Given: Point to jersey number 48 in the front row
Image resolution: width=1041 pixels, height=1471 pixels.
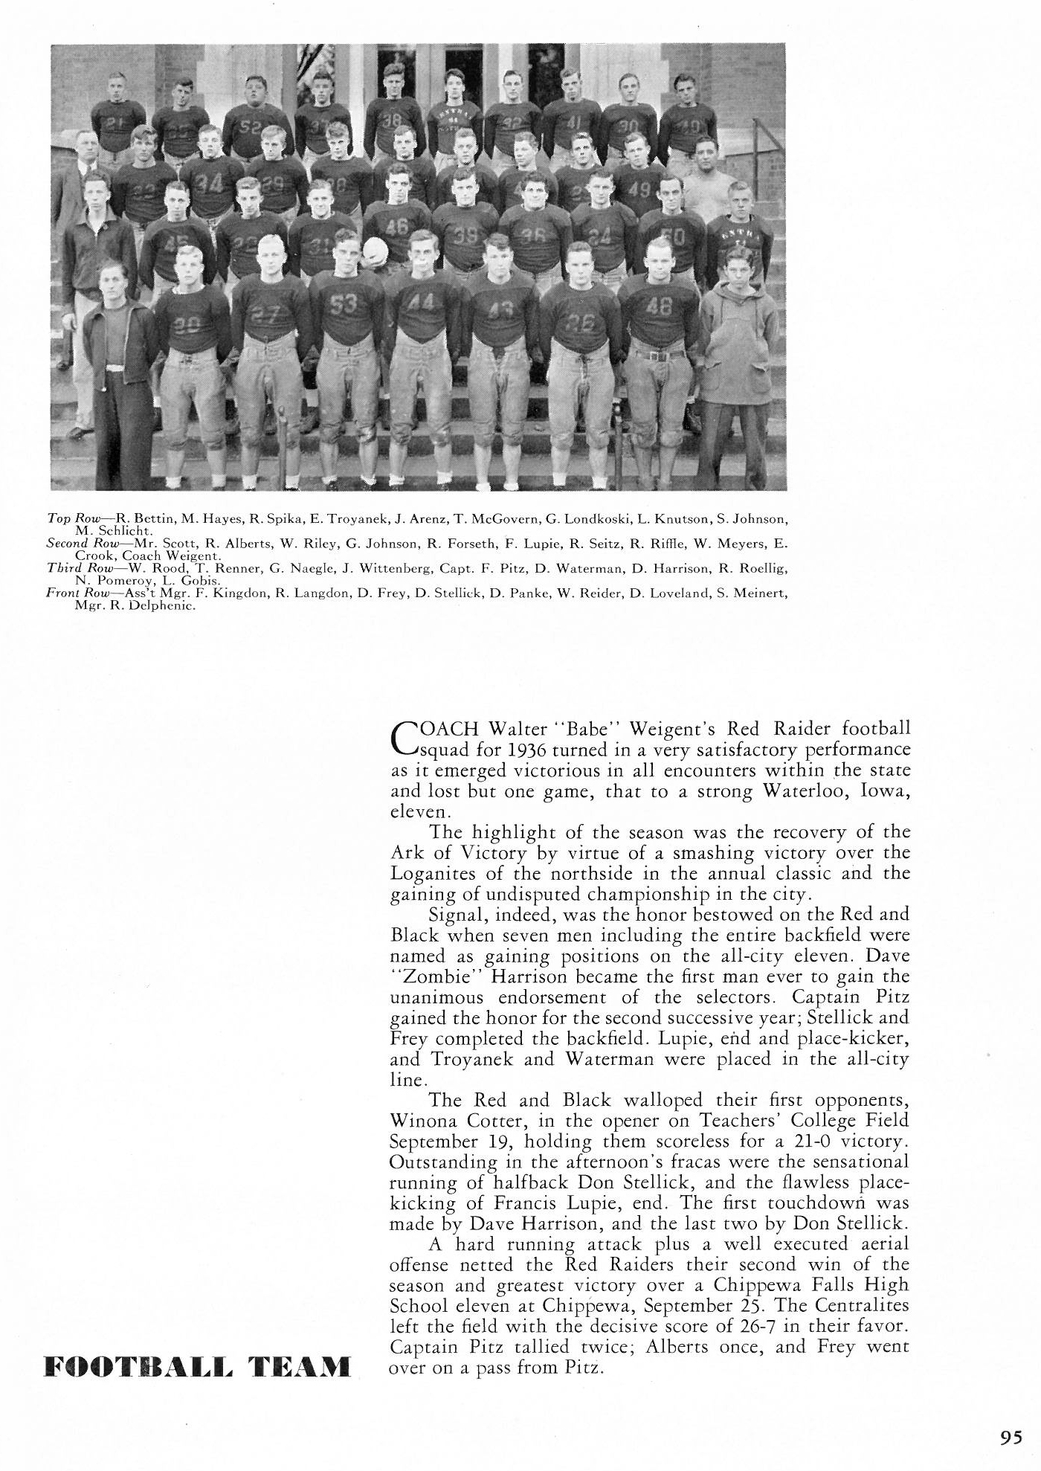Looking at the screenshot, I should (660, 304).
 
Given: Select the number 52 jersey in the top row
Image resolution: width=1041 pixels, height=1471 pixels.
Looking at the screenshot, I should (251, 127).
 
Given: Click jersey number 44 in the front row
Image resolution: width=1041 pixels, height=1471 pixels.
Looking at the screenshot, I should (421, 303).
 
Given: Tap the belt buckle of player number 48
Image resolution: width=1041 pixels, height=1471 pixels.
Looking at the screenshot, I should (657, 355).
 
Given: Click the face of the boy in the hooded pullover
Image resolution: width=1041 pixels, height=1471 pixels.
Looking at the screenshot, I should (738, 265).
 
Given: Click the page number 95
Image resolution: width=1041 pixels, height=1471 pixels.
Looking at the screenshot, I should (1011, 1438).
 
